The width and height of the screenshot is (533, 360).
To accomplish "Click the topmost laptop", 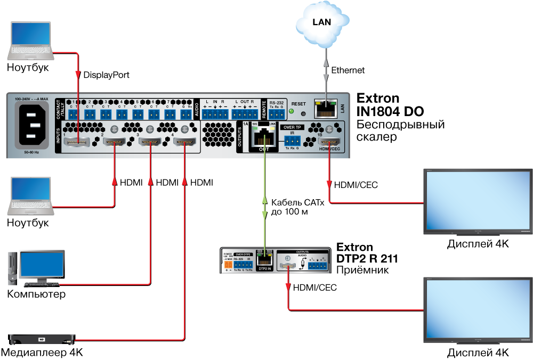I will [31, 40].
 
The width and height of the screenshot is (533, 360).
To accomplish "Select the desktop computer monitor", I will [42, 265].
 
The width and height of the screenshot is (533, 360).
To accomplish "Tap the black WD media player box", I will [42, 338].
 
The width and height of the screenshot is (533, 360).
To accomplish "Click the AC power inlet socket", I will [34, 126].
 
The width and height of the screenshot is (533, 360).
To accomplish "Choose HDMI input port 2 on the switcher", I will [114, 142].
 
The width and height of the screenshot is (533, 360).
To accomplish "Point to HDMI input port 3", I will [150, 142].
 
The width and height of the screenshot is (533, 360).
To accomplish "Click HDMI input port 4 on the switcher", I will [184, 142].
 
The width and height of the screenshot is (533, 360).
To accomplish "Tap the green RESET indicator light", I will [291, 111].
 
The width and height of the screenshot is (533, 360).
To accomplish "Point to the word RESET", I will [298, 104].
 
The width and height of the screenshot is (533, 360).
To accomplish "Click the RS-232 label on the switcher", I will [277, 102].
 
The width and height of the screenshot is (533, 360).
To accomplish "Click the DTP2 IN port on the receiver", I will [264, 260].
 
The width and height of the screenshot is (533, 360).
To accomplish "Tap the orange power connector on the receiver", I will [228, 264].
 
